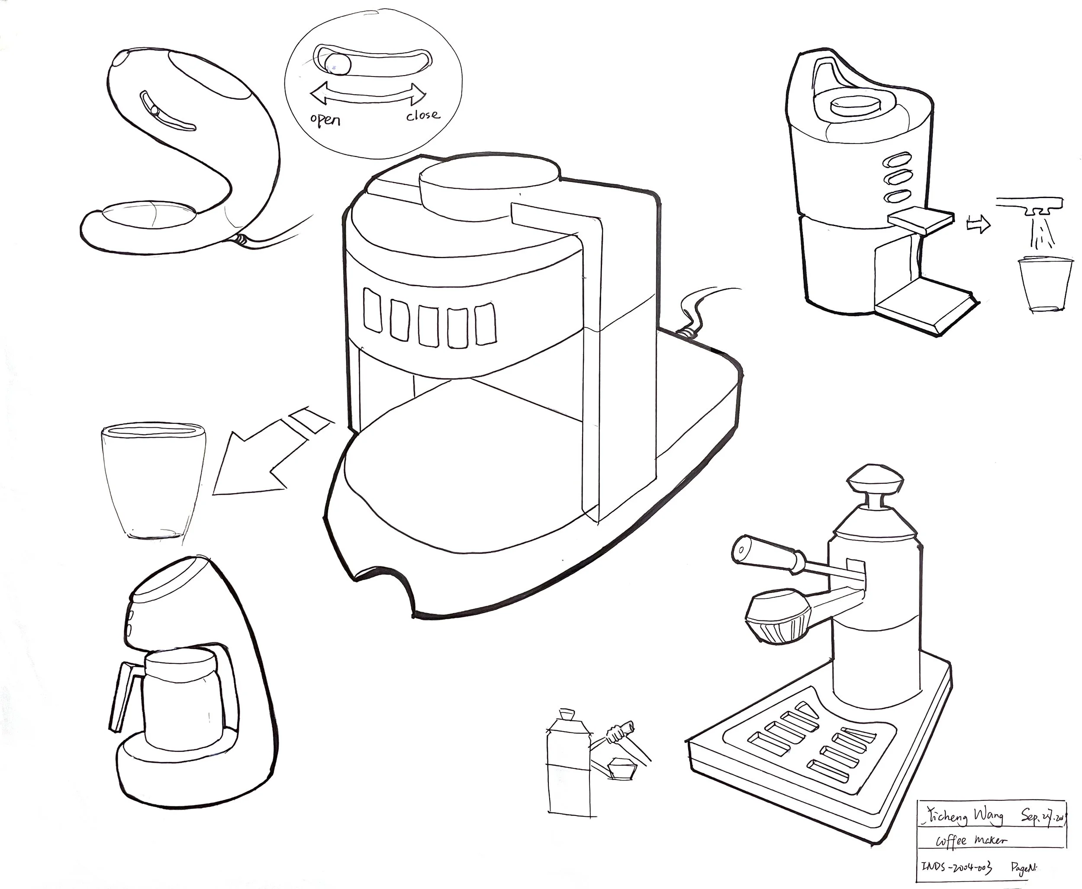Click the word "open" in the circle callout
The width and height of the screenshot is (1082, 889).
click(325, 120)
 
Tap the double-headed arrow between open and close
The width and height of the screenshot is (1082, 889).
click(368, 95)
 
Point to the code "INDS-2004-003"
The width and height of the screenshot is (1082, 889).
click(956, 867)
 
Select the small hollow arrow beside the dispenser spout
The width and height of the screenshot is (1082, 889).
click(978, 224)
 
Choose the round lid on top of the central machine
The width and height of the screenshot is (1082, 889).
click(489, 187)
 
